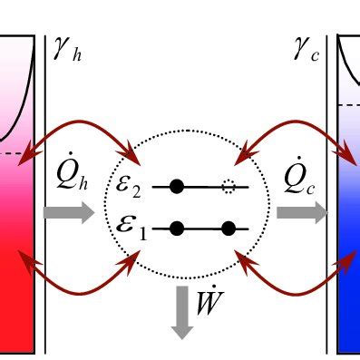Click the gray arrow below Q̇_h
tap(67, 213)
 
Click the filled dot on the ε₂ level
tap(178, 188)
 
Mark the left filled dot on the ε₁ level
tap(178, 228)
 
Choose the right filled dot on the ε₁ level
tap(229, 228)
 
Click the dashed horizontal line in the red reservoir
tap(18, 152)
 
